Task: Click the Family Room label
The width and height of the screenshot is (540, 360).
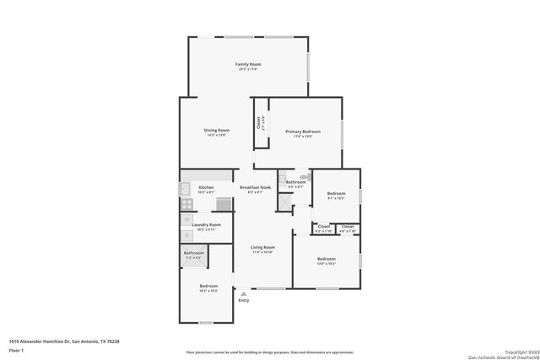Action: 248,64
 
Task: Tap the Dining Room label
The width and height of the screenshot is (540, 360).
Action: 216,131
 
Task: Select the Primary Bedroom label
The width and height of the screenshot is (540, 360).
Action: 302,132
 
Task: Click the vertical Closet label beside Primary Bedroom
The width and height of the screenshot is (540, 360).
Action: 259,123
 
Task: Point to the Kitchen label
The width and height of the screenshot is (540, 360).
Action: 206,187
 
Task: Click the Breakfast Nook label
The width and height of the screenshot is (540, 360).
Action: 255,187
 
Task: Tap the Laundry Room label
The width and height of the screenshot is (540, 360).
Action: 206,225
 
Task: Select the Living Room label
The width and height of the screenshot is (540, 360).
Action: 263,248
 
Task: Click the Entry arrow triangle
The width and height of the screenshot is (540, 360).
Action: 243,293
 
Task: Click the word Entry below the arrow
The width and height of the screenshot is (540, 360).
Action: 244,300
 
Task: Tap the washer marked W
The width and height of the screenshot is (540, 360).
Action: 186,220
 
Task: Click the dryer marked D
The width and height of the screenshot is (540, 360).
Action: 186,234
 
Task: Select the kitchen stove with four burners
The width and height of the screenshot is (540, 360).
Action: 186,203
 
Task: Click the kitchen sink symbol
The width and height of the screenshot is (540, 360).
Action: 224,203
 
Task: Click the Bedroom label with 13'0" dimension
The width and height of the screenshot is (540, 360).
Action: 326,259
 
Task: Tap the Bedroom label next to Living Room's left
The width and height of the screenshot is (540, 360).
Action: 208,286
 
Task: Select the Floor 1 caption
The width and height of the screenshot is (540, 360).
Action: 16,349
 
